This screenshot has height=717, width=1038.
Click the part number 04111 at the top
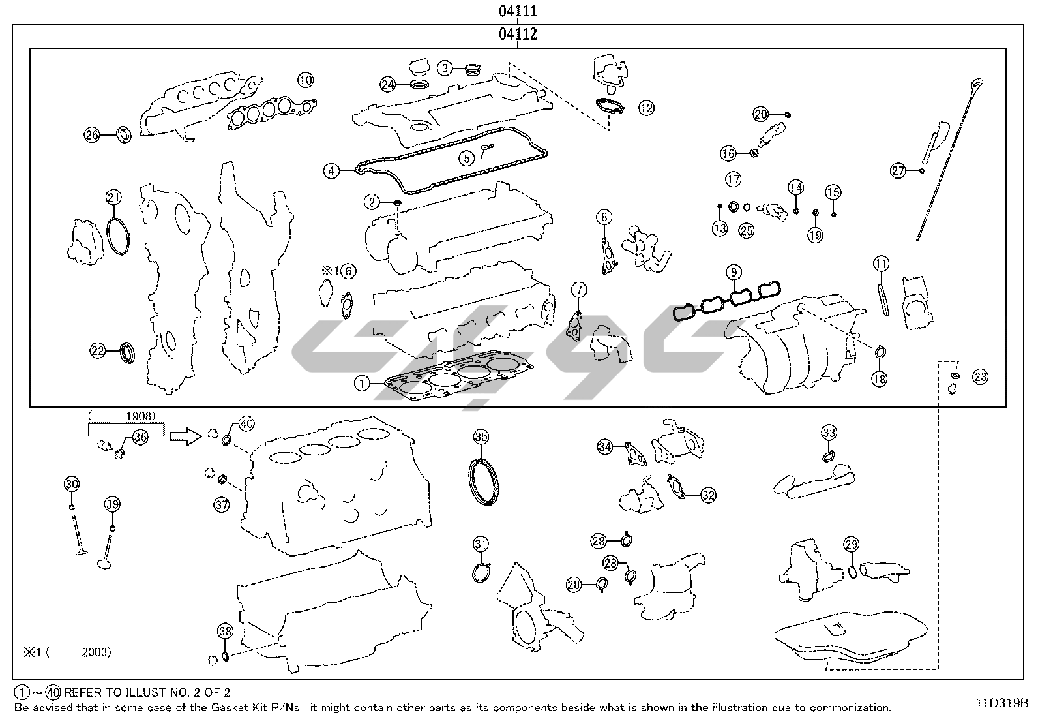coord(518,10)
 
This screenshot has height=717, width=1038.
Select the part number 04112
coord(518,34)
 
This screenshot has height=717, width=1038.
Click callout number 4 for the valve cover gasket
coord(332,171)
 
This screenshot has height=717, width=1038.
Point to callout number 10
coord(306,80)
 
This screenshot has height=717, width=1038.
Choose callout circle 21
coord(114,197)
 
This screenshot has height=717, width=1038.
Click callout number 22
coord(98,351)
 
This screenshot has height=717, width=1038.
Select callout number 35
coord(481,436)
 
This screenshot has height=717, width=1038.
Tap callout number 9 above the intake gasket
coord(734,271)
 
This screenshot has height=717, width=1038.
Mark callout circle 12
coord(645,108)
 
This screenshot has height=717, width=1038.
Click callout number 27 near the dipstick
coord(898,171)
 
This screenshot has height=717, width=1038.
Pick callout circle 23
coord(980,376)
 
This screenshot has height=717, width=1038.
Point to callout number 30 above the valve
coord(72,483)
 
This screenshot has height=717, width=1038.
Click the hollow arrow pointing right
coord(185,436)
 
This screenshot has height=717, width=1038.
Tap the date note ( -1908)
coord(122,415)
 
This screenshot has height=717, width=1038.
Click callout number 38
coord(225,631)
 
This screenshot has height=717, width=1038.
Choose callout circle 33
coord(829,433)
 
